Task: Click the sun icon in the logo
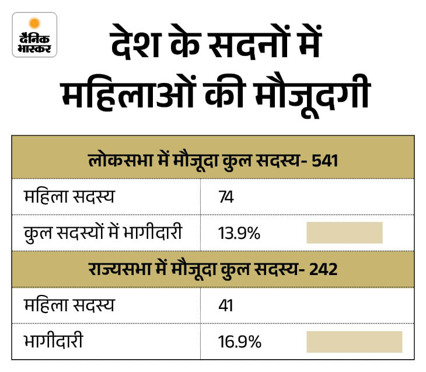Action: tap(34, 25)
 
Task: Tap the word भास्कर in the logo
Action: tap(34, 49)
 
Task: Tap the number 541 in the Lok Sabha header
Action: tap(326, 158)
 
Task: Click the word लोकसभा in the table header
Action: tap(114, 158)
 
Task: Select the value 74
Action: tap(225, 197)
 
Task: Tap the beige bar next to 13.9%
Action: tap(344, 232)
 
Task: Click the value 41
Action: tap(225, 307)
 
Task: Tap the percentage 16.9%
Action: tap(239, 342)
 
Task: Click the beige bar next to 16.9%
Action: tap(354, 342)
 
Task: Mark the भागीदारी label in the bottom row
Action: tap(54, 342)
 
